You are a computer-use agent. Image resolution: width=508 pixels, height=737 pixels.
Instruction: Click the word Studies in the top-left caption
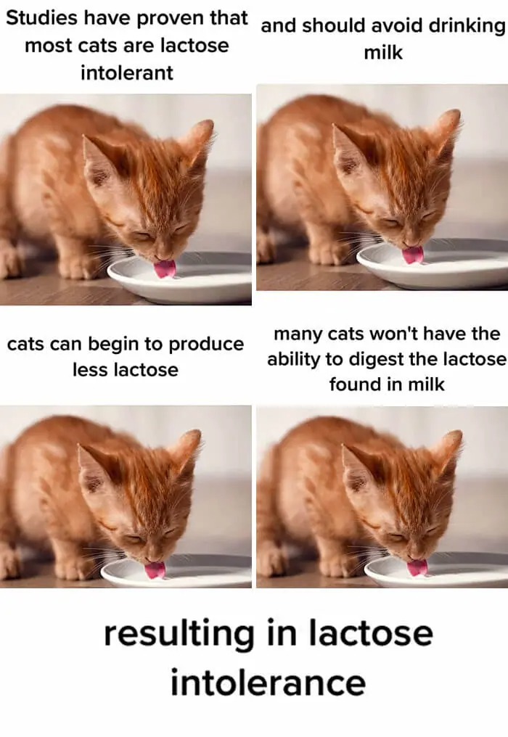click(41, 18)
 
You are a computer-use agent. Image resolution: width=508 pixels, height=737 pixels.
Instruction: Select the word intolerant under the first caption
click(127, 73)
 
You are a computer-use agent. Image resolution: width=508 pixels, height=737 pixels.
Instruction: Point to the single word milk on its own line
click(383, 53)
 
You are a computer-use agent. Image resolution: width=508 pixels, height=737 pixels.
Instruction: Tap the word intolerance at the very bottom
click(268, 683)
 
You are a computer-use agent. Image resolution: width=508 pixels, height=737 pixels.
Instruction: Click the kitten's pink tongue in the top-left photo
click(165, 268)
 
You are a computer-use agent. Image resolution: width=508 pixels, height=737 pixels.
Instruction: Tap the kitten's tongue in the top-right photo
click(413, 255)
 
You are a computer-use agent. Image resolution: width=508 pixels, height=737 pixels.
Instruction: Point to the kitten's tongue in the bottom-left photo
click(155, 570)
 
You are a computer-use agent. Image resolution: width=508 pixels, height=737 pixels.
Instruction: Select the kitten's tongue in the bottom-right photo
click(418, 568)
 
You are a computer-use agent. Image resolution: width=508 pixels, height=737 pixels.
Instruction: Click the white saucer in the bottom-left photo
click(179, 574)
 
